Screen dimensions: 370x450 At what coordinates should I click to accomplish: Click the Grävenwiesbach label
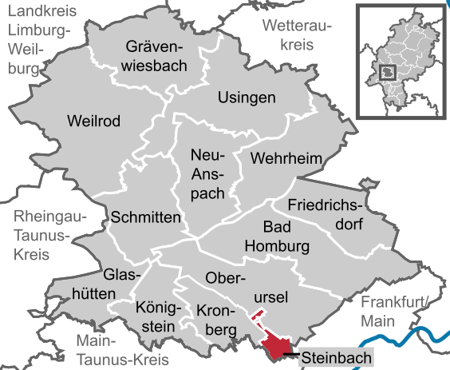coord(155,55)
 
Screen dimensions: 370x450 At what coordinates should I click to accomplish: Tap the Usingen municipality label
coord(247,97)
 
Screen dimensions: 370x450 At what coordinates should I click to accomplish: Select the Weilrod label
coord(93,121)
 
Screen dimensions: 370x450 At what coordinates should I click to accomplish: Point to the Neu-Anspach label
coord(209,173)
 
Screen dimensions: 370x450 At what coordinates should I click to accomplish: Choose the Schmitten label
coord(147,217)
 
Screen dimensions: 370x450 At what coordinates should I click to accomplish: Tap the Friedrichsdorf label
coord(324,213)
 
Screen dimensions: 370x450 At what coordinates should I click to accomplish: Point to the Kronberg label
coord(216,318)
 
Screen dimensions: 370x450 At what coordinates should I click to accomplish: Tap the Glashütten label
coord(117,284)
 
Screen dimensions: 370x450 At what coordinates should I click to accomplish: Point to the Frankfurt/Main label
coord(394,311)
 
